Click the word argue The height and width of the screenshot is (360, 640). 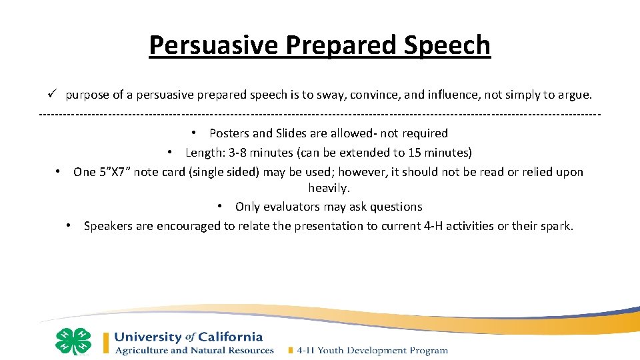point(573,95)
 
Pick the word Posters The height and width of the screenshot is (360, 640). point(230,133)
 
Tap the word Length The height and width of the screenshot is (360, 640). point(204,153)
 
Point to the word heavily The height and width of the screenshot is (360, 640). point(329,189)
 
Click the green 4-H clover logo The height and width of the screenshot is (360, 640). point(73,341)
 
